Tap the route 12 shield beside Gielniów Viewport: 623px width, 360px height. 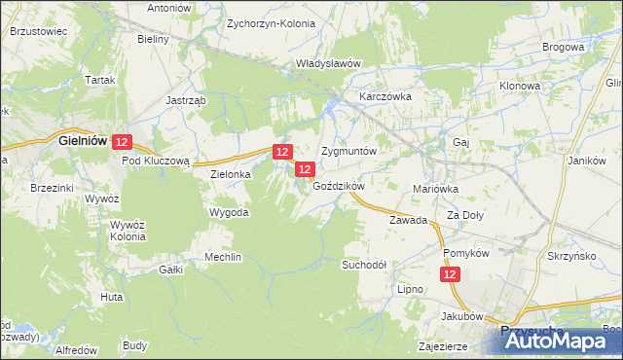[x=122, y=142]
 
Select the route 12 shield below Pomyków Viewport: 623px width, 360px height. [x=451, y=276]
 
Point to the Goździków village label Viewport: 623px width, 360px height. [x=338, y=185]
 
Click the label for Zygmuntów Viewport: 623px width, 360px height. [x=348, y=153]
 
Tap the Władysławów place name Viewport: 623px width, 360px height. [x=329, y=63]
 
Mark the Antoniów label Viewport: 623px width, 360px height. [x=169, y=8]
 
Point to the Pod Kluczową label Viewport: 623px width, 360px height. [x=161, y=160]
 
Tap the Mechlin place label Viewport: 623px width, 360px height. [x=222, y=257]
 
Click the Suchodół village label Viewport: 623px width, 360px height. [x=364, y=264]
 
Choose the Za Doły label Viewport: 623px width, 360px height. [x=465, y=215]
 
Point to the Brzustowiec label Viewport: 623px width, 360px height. [x=38, y=31]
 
